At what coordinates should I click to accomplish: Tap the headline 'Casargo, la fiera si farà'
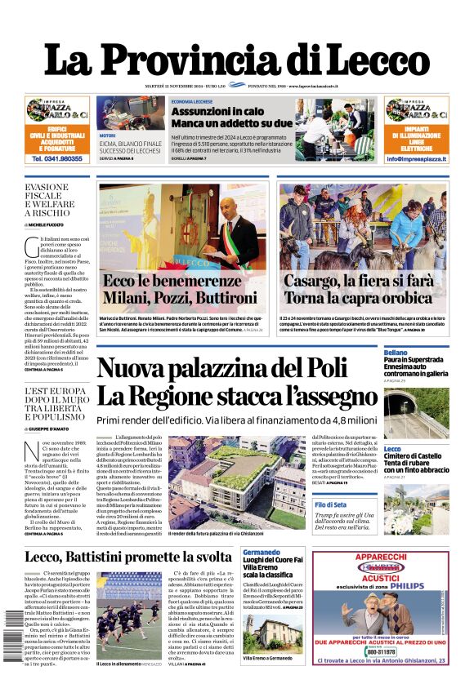coord(357,281)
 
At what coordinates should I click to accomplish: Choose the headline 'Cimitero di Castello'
coord(413,457)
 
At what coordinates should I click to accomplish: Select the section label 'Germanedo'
coord(262,553)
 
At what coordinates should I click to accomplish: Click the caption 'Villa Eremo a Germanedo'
coord(268,658)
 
